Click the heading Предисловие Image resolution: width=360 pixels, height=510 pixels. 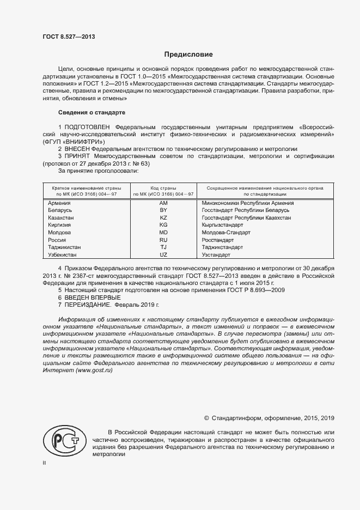click(x=189, y=54)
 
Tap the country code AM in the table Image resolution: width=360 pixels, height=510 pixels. click(x=163, y=203)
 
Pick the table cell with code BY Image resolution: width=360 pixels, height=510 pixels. click(x=163, y=210)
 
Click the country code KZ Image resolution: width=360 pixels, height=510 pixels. click(x=163, y=217)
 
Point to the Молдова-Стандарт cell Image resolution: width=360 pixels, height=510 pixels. click(x=225, y=232)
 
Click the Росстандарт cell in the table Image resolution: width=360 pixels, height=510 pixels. click(x=217, y=240)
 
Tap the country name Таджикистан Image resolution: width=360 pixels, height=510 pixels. click(x=65, y=247)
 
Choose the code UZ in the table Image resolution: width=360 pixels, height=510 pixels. click(x=163, y=254)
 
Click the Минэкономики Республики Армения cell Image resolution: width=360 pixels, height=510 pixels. click(x=243, y=203)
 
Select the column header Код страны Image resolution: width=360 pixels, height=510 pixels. click(x=163, y=187)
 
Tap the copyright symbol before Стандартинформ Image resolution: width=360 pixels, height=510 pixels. click(x=206, y=418)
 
